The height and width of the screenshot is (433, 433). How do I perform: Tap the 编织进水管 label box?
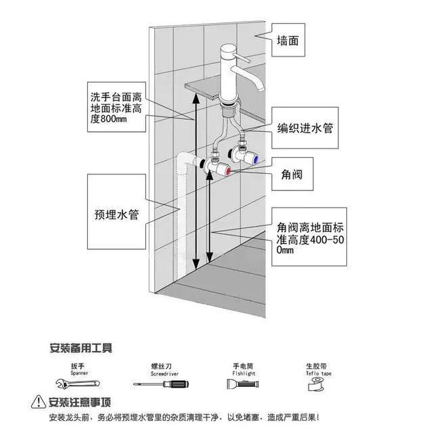(x=308, y=128)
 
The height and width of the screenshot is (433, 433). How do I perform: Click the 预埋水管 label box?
(x=116, y=214)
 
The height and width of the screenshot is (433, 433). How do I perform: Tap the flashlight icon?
(x=243, y=385)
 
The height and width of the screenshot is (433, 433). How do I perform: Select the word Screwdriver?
(x=163, y=373)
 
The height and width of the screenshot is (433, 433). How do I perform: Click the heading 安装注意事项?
(x=80, y=401)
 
